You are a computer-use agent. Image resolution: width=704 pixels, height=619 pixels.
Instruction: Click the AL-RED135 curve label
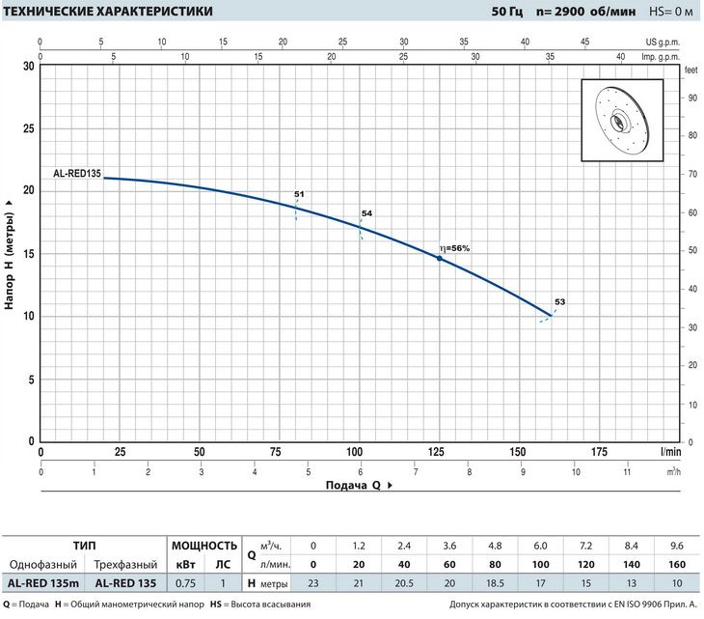pos(77,174)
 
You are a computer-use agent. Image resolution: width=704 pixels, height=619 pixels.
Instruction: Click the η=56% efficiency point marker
pos(440,259)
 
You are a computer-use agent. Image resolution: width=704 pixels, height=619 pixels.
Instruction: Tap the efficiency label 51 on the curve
pos(299,194)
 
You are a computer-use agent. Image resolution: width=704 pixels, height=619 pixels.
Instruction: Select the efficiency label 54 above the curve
pos(366,213)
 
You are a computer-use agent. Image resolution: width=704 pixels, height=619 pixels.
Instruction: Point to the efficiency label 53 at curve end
pos(560,302)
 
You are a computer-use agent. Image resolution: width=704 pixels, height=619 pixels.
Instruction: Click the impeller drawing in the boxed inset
pos(622,120)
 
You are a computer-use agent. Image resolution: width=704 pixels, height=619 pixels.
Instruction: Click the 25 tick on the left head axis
pos(29,129)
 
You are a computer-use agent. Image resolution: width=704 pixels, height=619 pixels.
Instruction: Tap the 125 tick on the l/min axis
pos(436,452)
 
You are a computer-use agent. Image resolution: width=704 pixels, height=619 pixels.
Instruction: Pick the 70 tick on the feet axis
pos(692,174)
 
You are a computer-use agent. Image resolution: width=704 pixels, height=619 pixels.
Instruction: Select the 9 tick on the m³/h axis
pos(523,472)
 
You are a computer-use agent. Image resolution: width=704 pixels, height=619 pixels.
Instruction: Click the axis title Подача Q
pos(353,486)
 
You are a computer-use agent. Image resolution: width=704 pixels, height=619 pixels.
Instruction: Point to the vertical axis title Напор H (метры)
pos(9,261)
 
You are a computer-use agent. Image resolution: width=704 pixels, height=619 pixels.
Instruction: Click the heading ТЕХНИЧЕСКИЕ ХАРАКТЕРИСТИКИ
pos(108,12)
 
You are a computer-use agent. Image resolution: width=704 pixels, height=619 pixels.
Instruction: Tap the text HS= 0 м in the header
pos(671,12)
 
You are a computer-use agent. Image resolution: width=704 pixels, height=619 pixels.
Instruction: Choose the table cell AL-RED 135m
pos(43,583)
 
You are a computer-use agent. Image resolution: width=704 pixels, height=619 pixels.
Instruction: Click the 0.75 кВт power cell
pos(185,583)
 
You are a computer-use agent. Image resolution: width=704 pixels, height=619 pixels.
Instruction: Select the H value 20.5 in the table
pos(404,583)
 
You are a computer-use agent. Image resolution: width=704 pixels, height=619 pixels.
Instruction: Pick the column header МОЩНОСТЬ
pos(204,546)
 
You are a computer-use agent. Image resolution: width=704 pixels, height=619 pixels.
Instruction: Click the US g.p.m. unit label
pos(663,42)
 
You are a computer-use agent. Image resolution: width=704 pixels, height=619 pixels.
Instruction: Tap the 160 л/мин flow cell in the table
pos(677,565)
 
